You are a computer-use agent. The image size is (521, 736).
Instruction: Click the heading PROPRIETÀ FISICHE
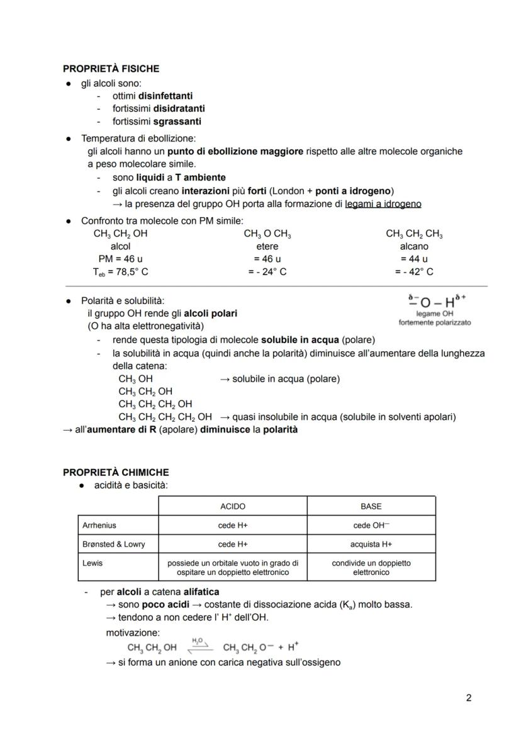coord(111,69)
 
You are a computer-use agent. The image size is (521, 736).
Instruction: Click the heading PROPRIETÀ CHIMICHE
coord(116,472)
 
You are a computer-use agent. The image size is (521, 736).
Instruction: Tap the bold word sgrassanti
coord(177,122)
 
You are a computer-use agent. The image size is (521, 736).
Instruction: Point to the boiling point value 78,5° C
coord(129,272)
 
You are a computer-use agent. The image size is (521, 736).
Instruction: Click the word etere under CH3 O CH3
coord(267,247)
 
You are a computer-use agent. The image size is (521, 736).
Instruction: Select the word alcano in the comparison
coord(413,247)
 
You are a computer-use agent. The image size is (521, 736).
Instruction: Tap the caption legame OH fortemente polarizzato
coord(434,318)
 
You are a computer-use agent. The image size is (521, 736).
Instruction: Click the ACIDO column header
coord(233,506)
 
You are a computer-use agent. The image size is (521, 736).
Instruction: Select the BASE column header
coord(371,506)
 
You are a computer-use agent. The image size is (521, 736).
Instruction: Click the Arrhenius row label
coord(99,525)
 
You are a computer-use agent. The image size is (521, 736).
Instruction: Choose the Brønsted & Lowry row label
coord(114,544)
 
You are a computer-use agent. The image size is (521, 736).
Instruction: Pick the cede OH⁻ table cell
coord(371,525)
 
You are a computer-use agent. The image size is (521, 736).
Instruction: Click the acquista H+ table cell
coord(371,544)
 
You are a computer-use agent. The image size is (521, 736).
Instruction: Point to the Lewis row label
coord(92,563)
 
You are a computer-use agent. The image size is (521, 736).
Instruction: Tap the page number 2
coord(468,698)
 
